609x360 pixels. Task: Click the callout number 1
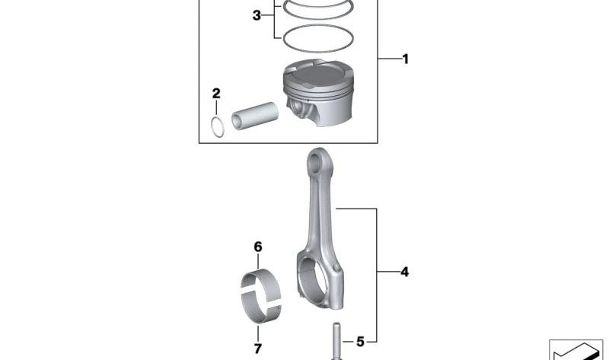(x=405, y=59)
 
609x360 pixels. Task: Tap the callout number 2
(x=216, y=94)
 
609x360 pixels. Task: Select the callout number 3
(x=257, y=16)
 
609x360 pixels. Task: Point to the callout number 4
(x=404, y=272)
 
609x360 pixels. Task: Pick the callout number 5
(x=361, y=342)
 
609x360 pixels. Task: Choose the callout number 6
(x=257, y=247)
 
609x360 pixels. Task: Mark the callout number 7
(x=257, y=349)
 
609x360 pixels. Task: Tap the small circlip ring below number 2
(x=217, y=126)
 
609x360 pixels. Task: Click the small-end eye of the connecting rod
(x=315, y=162)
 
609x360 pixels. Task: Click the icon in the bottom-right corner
(x=576, y=349)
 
